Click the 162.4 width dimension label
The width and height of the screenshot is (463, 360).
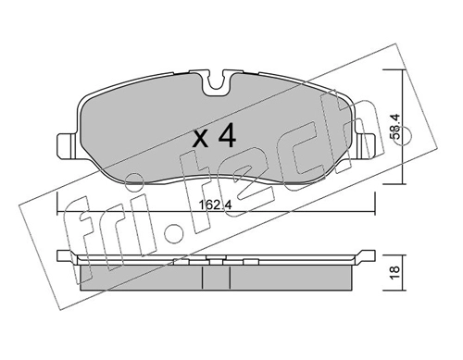(x=216, y=205)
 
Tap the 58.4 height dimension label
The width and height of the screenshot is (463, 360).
(x=395, y=127)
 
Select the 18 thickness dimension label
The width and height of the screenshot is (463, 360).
(x=395, y=273)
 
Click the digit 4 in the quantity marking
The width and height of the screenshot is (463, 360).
(x=227, y=135)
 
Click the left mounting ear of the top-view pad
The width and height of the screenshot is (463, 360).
(x=67, y=145)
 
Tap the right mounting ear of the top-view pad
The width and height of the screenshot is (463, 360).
(x=367, y=145)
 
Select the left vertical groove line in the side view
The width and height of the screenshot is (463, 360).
(x=202, y=278)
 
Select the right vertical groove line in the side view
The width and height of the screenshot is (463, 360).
(x=231, y=278)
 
